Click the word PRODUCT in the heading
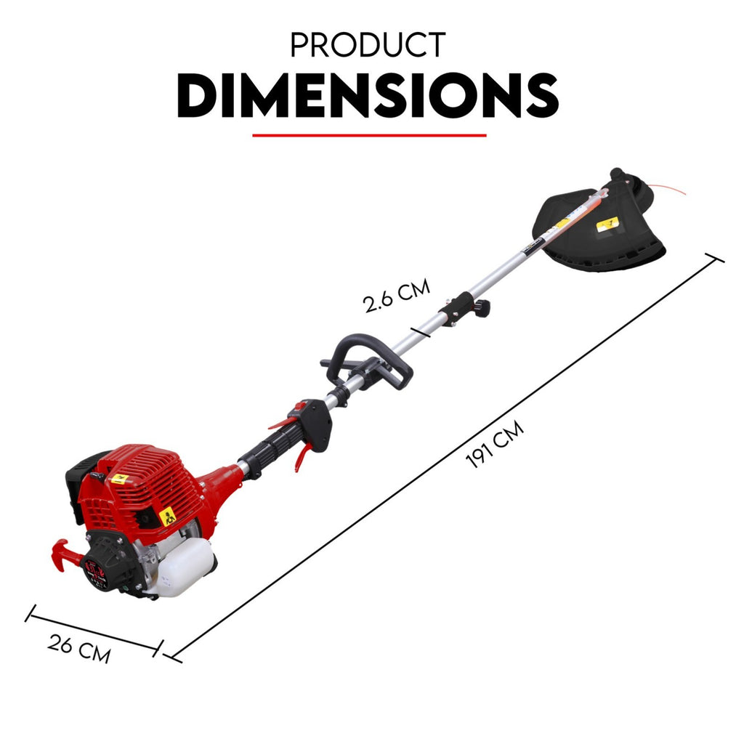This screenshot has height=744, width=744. point(367,45)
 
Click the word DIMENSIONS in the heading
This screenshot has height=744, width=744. point(368,97)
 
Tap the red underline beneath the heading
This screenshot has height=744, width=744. point(369,134)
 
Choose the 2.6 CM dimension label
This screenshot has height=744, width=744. point(397,294)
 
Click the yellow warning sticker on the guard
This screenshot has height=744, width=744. point(606,225)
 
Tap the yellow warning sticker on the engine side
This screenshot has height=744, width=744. point(168,517)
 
